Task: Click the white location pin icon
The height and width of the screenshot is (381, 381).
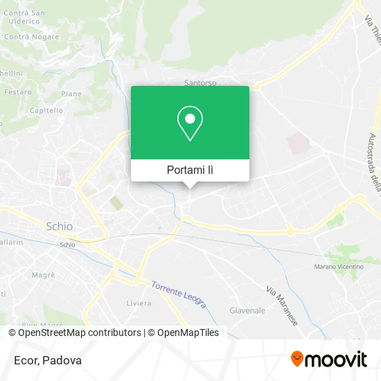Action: (x=190, y=123)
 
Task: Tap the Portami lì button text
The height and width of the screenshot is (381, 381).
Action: (x=190, y=170)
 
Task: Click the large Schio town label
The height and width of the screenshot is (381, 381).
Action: (x=59, y=227)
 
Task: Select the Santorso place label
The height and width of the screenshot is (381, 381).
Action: (x=200, y=82)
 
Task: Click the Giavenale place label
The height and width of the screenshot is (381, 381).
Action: (x=247, y=310)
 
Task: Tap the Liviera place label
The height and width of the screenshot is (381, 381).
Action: (x=139, y=303)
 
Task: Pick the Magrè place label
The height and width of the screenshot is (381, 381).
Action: (x=43, y=275)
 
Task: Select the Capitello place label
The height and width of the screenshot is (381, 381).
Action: (x=46, y=110)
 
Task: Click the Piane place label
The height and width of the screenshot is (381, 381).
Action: (x=71, y=94)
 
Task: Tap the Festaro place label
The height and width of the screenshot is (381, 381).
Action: (x=17, y=91)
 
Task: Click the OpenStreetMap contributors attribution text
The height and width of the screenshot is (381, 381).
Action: (x=78, y=333)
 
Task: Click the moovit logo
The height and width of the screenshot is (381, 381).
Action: (x=329, y=359)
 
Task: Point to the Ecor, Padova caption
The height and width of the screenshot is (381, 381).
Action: (x=46, y=360)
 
